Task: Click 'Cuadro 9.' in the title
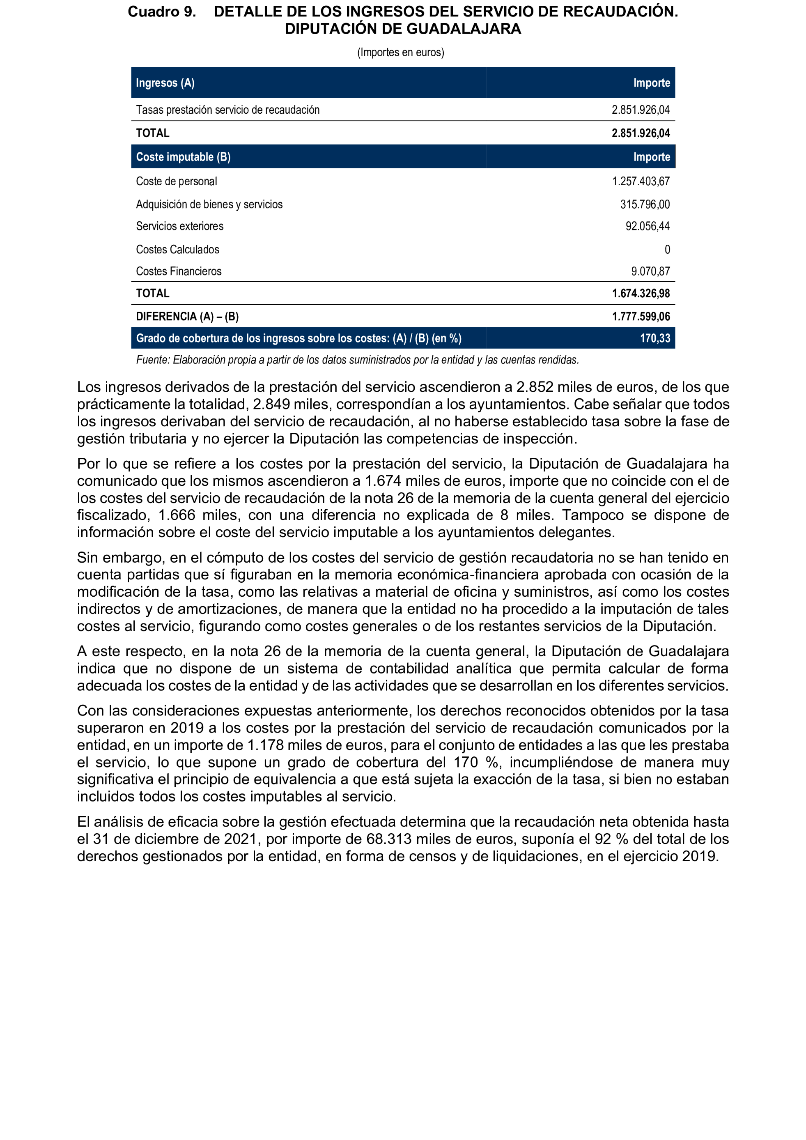coord(162,11)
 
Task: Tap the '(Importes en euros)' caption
coord(400,52)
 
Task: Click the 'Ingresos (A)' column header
coord(165,83)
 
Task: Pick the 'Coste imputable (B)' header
coord(183,157)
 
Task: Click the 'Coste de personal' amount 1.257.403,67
coord(640,181)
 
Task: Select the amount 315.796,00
coord(645,204)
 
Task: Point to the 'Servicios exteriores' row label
coord(180,226)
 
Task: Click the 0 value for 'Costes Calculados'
coord(667,249)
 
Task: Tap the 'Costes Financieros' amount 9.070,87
coord(650,271)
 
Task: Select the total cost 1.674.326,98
coord(640,294)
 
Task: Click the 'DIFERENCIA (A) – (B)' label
coord(187,316)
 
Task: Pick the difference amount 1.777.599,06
coord(640,316)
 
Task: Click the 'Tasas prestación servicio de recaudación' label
coord(228,110)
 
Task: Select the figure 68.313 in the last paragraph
coord(389,839)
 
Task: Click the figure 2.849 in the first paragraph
coord(271,404)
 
